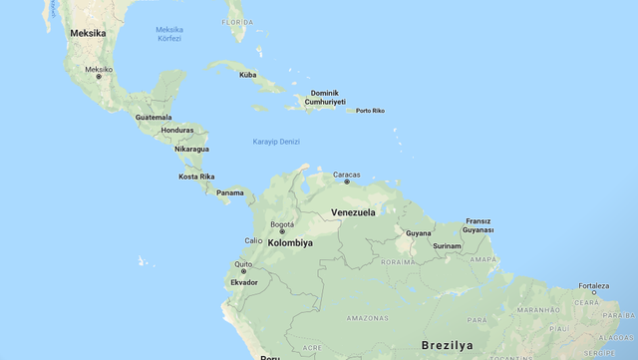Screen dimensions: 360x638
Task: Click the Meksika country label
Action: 87,33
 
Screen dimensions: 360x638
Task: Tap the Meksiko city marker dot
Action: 99,77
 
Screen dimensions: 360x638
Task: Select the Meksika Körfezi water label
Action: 168,34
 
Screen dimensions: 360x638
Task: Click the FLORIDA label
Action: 237,21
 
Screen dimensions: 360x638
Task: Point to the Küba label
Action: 247,75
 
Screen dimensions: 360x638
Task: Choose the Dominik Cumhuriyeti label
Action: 325,97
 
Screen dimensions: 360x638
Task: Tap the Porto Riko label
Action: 370,111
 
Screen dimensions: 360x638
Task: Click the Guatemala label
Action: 154,117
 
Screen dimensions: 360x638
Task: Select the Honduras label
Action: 177,130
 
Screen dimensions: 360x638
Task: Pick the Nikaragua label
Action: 191,149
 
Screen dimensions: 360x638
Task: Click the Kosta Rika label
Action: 196,177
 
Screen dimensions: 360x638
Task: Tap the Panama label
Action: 230,192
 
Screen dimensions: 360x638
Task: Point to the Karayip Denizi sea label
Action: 275,142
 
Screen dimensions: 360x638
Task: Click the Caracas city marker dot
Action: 347,181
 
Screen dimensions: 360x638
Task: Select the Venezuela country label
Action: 353,212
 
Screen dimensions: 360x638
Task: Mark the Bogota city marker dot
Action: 282,231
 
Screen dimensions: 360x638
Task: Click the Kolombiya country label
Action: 290,242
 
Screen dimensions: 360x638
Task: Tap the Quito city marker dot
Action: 243,271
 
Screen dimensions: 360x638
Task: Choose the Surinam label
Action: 447,245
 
